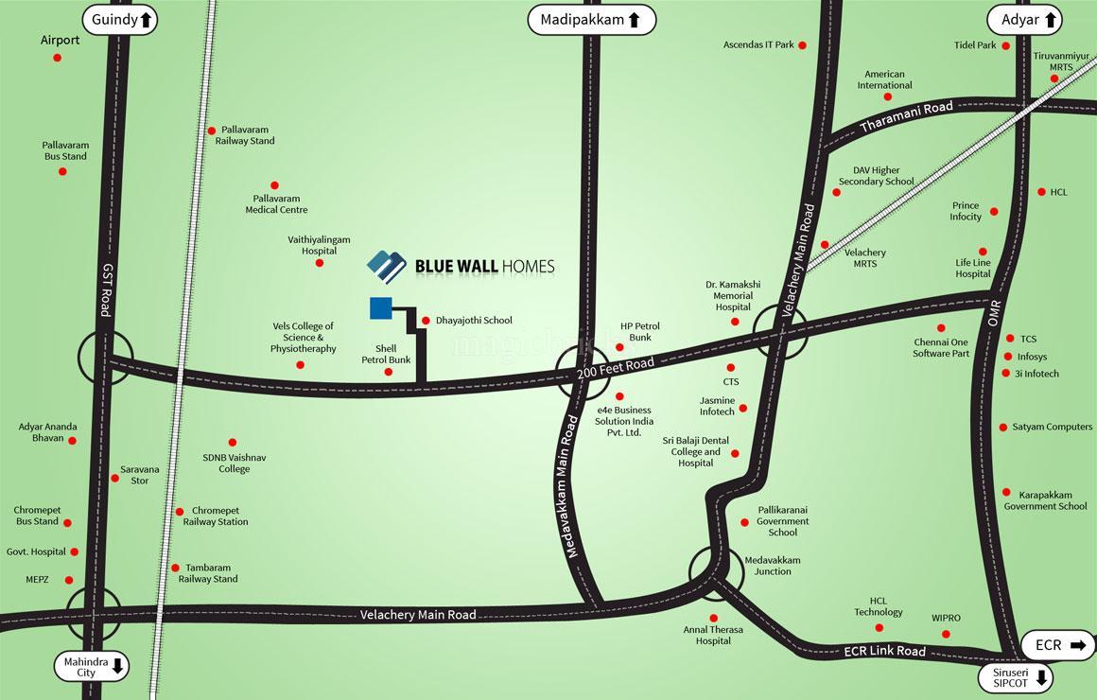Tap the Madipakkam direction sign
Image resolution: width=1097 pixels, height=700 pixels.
pyautogui.click(x=591, y=19)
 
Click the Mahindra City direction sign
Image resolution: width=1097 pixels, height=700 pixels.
pyautogui.click(x=92, y=666)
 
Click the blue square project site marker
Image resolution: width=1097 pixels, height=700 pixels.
pyautogui.click(x=381, y=308)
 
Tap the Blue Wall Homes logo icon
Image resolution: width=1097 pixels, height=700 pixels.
pyautogui.click(x=386, y=267)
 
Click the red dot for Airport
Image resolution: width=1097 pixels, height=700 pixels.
pyautogui.click(x=57, y=58)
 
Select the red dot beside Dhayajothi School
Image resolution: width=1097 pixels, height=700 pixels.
pyautogui.click(x=426, y=321)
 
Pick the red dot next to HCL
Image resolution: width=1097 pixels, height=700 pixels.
pyautogui.click(x=1041, y=192)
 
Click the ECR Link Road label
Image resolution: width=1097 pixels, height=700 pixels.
pyautogui.click(x=884, y=651)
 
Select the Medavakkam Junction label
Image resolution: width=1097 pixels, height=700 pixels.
pyautogui.click(x=772, y=566)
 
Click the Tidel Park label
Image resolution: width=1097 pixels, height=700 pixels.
pyautogui.click(x=975, y=45)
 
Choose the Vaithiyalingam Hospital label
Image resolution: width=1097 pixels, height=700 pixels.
pyautogui.click(x=319, y=246)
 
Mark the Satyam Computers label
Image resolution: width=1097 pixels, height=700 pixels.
pyautogui.click(x=1052, y=428)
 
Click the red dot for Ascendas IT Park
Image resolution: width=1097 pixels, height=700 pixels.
pyautogui.click(x=802, y=45)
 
